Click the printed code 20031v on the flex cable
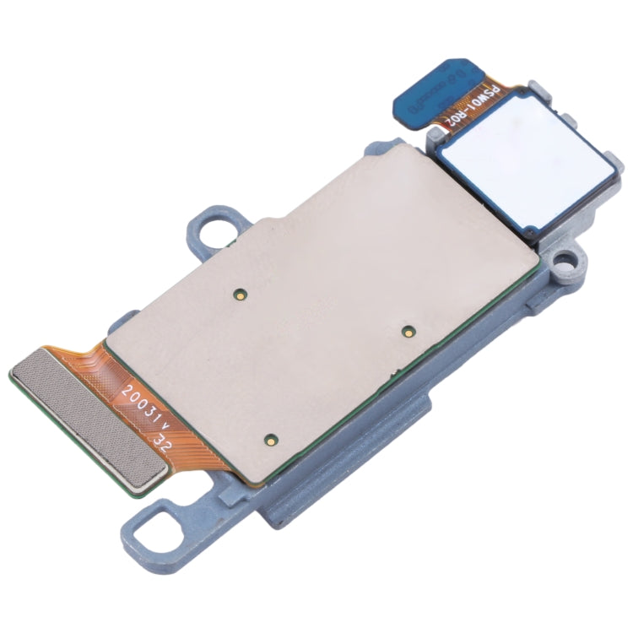click(145, 408)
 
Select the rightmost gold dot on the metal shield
click(408, 328)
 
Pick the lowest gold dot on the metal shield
click(270, 439)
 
